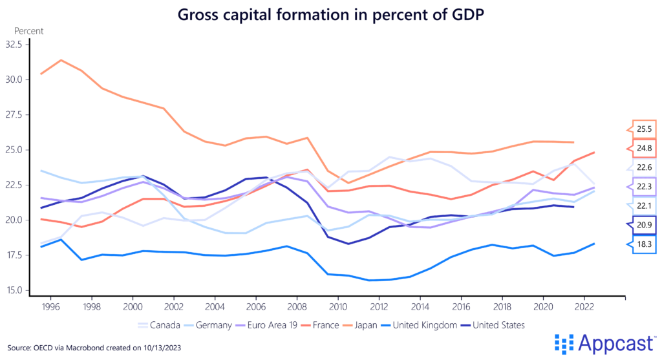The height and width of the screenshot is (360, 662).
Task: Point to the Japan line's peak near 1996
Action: [61, 60]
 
